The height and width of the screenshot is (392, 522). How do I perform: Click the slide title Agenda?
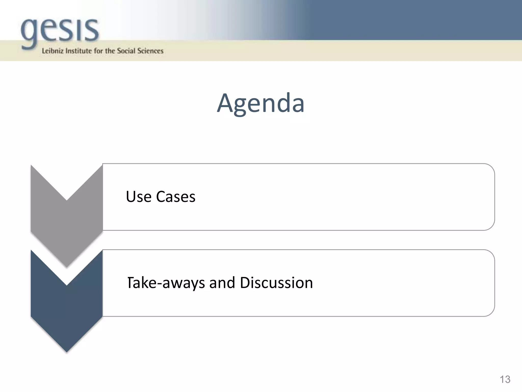click(260, 103)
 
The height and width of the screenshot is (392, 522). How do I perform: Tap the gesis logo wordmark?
click(60, 31)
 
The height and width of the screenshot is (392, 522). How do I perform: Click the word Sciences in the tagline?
click(150, 51)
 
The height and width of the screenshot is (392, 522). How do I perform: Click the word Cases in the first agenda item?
click(176, 197)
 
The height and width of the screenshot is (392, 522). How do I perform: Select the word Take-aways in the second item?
click(166, 283)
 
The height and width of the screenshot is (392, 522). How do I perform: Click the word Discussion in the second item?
click(276, 283)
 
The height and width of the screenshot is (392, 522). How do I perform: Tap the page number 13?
click(505, 379)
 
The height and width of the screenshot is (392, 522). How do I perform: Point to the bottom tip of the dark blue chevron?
click(67, 351)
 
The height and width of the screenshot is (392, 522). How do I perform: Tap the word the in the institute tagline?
click(110, 51)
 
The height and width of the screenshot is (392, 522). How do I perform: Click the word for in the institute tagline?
click(98, 51)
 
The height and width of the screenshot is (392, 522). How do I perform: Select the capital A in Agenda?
click(227, 103)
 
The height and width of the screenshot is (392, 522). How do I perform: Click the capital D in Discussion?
click(245, 283)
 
